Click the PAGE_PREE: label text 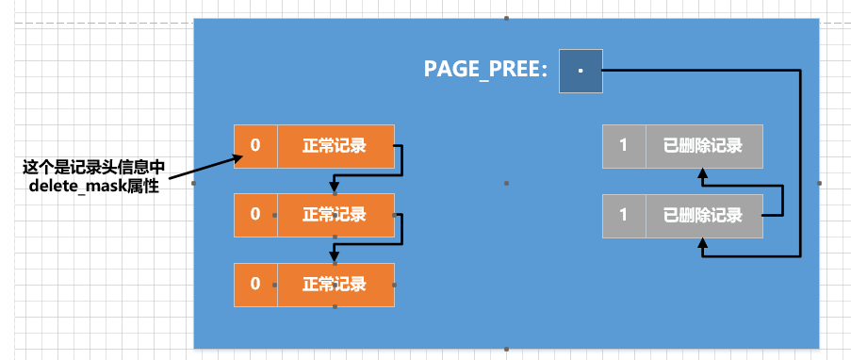pos(485,70)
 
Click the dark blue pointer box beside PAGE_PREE pos(580,71)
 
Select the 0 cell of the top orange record pos(255,146)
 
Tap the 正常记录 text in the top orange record pos(335,146)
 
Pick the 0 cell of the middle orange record pos(255,215)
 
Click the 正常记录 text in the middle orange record pos(335,215)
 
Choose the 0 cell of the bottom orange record pos(255,284)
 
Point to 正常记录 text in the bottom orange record pos(335,284)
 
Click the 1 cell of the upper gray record pos(623,146)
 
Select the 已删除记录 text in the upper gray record pos(703,146)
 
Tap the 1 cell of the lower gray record pos(623,215)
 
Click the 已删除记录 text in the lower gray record pos(703,215)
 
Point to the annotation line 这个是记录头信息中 pos(94,168)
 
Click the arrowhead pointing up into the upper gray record pos(702,173)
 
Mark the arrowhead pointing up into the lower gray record pos(702,243)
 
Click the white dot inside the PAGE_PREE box pos(581,71)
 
